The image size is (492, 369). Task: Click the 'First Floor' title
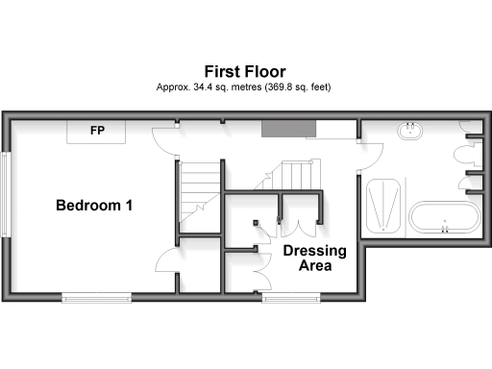tap(244, 71)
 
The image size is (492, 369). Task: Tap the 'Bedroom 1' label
tap(94, 206)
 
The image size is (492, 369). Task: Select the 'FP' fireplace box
tap(97, 131)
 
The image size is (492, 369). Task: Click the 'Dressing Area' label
tap(307, 258)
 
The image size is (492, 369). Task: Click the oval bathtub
tap(443, 217)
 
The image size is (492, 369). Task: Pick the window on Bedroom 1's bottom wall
tap(97, 297)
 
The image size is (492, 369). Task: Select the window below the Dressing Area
tap(292, 297)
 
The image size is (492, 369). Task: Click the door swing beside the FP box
tap(167, 138)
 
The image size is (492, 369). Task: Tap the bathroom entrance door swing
tap(372, 154)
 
